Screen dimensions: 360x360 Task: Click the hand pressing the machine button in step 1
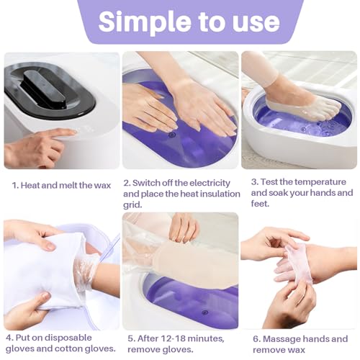[x=36, y=148]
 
